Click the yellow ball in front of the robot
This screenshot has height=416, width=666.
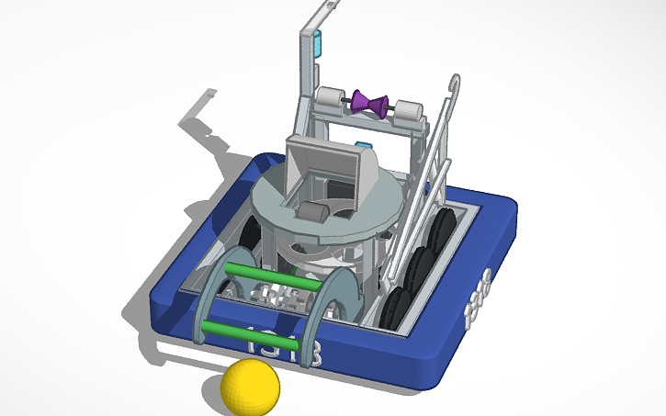[x=250, y=387]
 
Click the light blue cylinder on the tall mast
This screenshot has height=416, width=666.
[x=320, y=42]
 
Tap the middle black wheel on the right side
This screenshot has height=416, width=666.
[x=422, y=267]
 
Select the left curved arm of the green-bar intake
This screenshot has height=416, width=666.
[x=209, y=294]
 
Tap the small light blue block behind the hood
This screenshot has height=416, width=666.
[x=364, y=145]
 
